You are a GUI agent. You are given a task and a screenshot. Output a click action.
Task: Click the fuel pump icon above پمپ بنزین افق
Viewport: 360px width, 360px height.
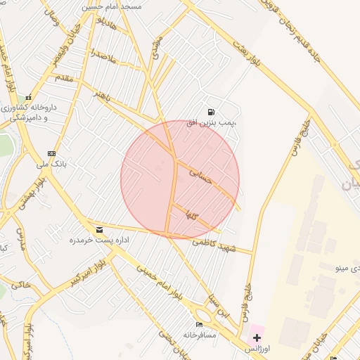pyautogui.click(x=211, y=112)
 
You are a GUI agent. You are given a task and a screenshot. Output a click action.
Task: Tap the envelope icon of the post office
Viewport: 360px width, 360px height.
pyautogui.click(x=99, y=229)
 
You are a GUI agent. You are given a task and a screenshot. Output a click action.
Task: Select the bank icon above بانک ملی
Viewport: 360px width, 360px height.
pyautogui.click(x=51, y=153)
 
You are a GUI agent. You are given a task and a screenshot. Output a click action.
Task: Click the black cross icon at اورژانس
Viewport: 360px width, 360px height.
pyautogui.click(x=257, y=337)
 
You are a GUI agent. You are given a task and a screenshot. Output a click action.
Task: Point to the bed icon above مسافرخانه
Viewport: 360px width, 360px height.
pyautogui.click(x=199, y=324)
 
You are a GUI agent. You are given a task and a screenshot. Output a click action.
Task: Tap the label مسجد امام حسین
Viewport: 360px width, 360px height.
pyautogui.click(x=112, y=6)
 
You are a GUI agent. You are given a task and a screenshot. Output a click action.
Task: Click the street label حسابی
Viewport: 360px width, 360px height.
pyautogui.click(x=201, y=175)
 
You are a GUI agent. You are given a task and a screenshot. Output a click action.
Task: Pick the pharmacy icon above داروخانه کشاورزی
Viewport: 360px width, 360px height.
pyautogui.click(x=28, y=98)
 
